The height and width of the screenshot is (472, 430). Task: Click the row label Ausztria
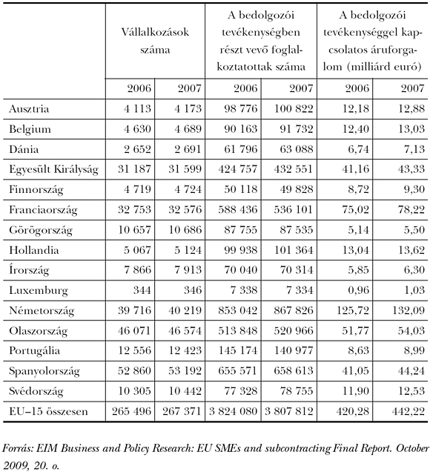30,109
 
